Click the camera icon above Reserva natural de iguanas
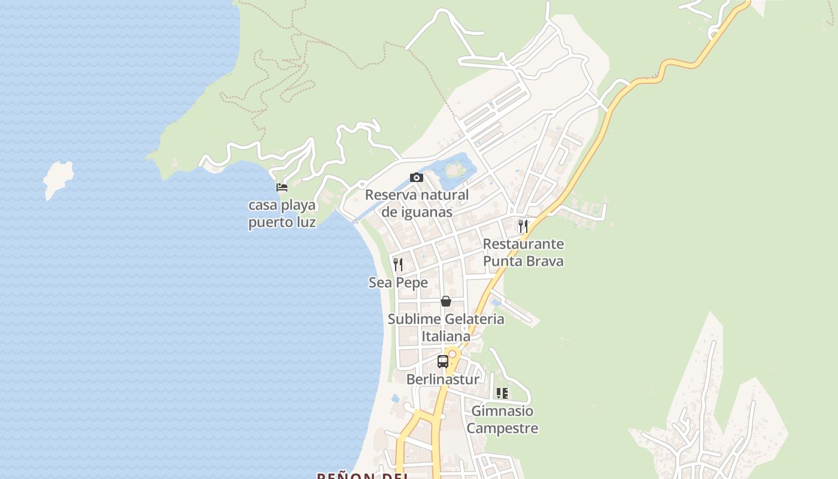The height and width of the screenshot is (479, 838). (x=417, y=177)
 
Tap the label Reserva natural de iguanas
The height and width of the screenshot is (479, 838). (x=417, y=204)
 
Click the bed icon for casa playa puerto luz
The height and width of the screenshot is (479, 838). (x=282, y=187)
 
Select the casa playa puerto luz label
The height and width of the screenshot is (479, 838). (x=282, y=214)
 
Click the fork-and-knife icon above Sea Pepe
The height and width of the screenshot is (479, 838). (x=398, y=264)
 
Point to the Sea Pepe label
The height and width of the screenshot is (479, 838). (x=398, y=283)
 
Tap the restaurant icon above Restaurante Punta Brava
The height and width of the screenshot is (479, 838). (x=523, y=226)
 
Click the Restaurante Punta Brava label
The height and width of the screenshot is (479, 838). (x=523, y=253)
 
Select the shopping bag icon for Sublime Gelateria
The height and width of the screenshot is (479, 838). (x=446, y=301)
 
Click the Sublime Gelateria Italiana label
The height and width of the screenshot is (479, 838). (x=446, y=328)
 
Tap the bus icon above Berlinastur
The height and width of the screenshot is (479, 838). (x=443, y=362)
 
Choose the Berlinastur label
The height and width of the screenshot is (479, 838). (x=443, y=380)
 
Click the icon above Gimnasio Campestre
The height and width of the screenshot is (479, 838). (x=502, y=393)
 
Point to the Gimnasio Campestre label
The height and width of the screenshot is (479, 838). (x=502, y=420)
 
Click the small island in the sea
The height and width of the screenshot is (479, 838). (x=59, y=178)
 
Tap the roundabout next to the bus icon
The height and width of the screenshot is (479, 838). (x=453, y=354)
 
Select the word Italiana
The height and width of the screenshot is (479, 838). (x=446, y=336)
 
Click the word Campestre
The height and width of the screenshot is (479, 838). (x=502, y=429)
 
